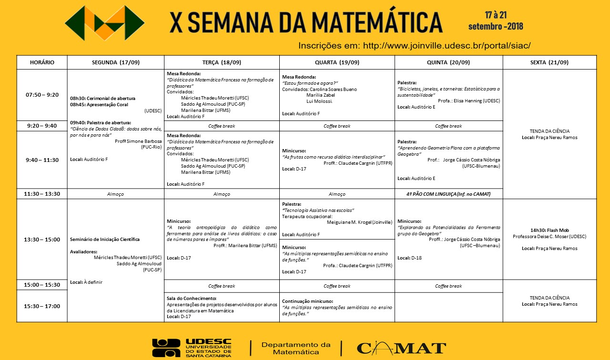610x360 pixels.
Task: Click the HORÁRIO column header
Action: (x=42, y=62)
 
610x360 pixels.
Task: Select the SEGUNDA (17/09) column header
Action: (x=116, y=62)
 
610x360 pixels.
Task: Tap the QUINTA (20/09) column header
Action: (x=448, y=62)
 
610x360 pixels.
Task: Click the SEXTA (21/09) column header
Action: (x=549, y=62)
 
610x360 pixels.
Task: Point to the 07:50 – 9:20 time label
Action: (x=42, y=95)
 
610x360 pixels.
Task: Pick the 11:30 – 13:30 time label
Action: (x=42, y=194)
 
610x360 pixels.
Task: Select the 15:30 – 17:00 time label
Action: (x=42, y=306)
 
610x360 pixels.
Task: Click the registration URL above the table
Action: (x=414, y=46)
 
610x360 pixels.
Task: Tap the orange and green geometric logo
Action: (x=105, y=23)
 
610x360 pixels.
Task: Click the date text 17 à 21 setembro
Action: (x=496, y=20)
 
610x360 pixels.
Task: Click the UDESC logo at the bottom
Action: (x=192, y=348)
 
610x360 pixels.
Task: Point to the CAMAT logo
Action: (x=401, y=348)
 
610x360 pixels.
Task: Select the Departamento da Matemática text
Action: (x=296, y=348)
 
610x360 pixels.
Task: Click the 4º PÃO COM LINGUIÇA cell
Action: (x=448, y=194)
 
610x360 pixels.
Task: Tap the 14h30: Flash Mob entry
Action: (x=549, y=230)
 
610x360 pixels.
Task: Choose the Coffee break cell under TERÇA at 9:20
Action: (x=222, y=126)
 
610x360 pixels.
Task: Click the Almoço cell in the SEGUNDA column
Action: (x=116, y=194)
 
